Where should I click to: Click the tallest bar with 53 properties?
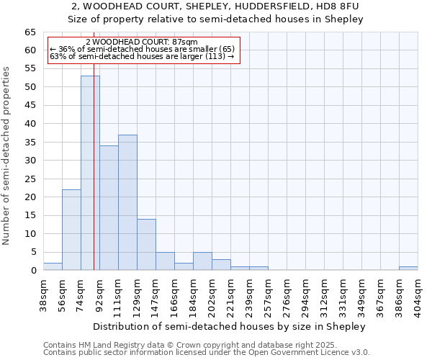[90, 173]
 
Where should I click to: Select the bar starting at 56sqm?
[71, 230]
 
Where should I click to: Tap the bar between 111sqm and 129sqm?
[127, 202]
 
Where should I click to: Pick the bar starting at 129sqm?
[146, 245]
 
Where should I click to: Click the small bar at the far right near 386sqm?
[408, 269]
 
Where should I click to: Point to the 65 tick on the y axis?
[30, 32]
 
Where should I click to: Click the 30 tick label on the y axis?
[30, 161]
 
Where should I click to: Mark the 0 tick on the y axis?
[33, 271]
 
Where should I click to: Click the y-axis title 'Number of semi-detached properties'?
[7, 156]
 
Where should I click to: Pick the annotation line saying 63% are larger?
[142, 56]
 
